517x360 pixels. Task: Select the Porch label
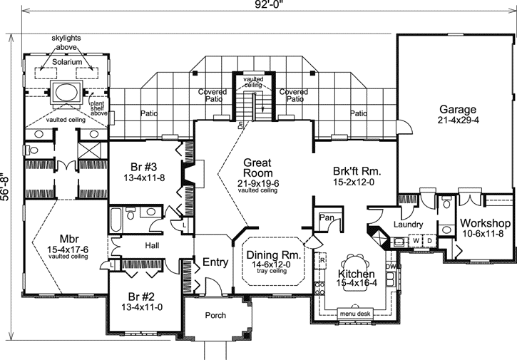(215, 315)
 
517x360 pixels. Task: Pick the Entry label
(215, 262)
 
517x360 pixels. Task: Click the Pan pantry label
(327, 217)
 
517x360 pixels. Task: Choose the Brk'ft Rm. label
(357, 171)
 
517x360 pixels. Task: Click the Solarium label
(66, 63)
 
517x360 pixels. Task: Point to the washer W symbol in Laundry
(416, 241)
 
